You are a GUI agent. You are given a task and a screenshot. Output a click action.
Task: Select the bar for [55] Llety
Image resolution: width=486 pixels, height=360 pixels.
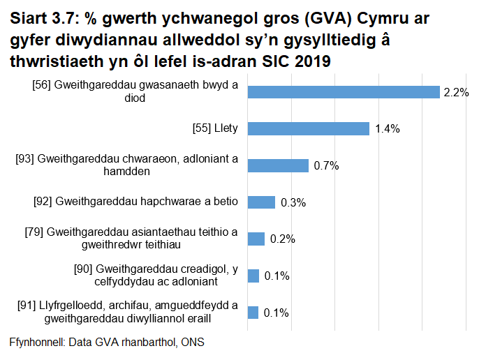coord(308,129)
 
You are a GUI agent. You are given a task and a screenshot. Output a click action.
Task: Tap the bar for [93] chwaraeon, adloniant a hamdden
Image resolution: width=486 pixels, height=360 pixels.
coord(278,165)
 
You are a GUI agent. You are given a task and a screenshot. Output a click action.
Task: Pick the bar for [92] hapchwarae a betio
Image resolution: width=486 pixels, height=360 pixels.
coord(261,202)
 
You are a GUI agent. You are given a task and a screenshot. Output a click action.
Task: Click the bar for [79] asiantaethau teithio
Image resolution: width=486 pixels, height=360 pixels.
coord(256,239)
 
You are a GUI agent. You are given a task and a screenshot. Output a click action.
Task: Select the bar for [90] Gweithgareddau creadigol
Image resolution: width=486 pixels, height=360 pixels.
coord(253,276)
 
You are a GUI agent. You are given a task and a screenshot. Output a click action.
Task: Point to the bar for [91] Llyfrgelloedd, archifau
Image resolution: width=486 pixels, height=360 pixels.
coord(253,312)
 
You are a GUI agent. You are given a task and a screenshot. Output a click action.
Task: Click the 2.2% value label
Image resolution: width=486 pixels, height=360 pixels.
coord(455,93)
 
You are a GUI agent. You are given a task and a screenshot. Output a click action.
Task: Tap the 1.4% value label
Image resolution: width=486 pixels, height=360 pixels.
coord(387,129)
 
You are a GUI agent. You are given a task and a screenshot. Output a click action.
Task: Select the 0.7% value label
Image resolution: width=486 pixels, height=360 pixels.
coord(326,165)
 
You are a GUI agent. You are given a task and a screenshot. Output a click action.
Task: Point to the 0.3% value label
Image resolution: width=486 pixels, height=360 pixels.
coord(293,202)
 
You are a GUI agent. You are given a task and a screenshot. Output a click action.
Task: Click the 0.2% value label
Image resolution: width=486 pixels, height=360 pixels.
coord(282,239)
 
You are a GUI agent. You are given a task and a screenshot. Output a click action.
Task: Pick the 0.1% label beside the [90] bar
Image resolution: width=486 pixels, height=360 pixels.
coord(277,276)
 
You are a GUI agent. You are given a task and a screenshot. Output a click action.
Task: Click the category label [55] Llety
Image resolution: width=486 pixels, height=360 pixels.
coord(215,128)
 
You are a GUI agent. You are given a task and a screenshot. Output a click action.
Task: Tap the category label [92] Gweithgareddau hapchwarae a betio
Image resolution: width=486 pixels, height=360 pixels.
coord(135,202)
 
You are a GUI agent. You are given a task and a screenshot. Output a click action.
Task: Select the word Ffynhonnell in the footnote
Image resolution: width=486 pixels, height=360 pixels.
coord(34,343)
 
